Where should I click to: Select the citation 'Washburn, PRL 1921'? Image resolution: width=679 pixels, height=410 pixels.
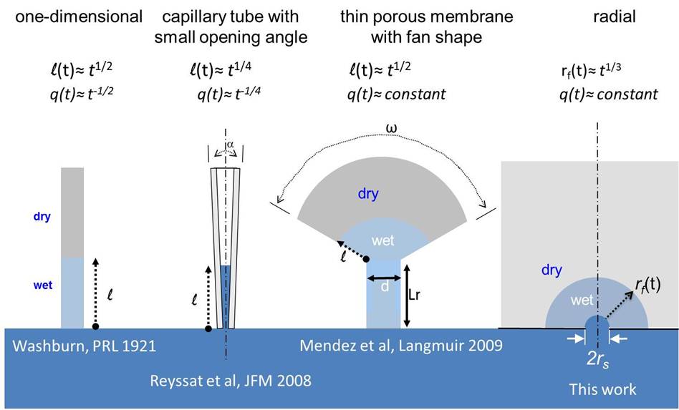click(85, 346)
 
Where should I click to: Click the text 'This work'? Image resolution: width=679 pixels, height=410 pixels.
click(602, 389)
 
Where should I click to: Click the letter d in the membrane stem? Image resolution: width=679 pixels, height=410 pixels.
click(385, 286)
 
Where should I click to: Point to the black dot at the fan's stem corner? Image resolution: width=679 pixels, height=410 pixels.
click(367, 259)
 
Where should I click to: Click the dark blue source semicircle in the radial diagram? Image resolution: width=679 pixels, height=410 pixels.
click(597, 323)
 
